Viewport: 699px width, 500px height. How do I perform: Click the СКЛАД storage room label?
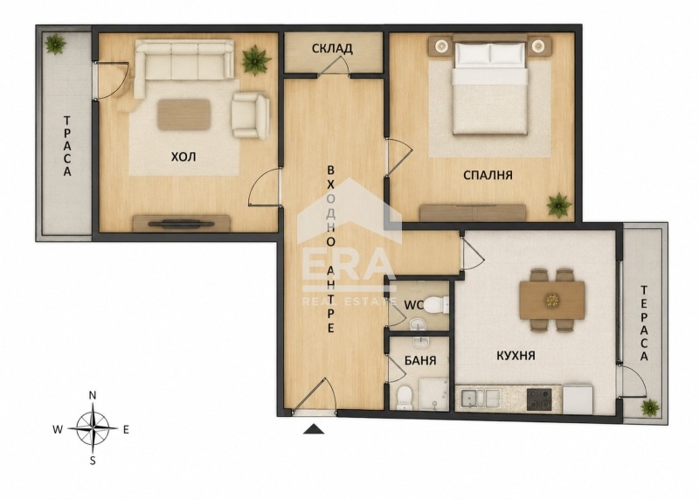332,48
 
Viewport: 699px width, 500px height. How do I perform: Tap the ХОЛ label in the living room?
183,156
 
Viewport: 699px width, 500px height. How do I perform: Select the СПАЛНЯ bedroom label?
488,175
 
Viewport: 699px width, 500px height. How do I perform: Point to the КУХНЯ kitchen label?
516,356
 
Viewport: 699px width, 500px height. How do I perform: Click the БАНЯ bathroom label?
420,360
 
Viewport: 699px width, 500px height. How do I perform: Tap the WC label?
413,305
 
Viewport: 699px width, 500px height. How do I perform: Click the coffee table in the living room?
184,115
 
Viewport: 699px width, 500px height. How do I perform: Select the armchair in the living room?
251,115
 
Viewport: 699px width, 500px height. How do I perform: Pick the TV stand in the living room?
182,223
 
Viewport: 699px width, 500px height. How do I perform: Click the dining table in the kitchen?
552,300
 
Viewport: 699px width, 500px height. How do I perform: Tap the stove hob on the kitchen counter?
539,399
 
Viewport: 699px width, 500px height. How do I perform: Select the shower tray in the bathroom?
433,395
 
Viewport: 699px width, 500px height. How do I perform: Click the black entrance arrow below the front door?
314,428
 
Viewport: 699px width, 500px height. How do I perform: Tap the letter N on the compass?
93,395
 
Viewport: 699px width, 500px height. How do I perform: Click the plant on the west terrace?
55,45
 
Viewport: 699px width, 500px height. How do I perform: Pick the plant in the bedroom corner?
559,205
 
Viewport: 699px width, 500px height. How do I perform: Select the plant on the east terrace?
650,407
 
